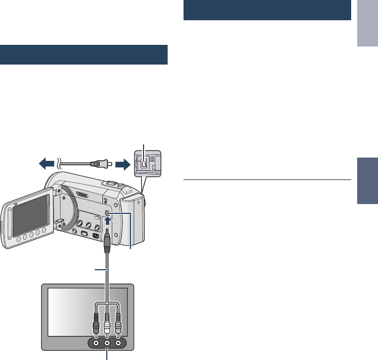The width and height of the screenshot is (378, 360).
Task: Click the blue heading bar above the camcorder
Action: pos(83,55)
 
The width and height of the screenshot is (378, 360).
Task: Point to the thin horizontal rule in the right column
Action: pos(266,179)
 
